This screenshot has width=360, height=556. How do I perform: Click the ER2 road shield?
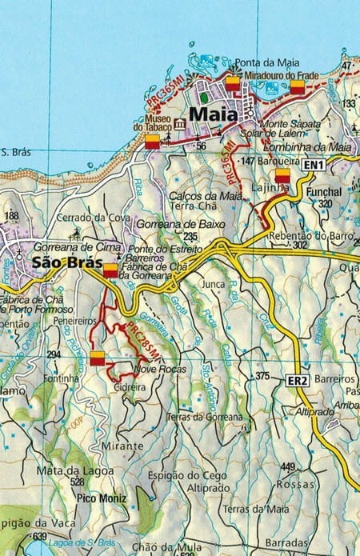pyautogui.click(x=297, y=381)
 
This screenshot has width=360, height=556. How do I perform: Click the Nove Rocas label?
pyautogui.click(x=160, y=370)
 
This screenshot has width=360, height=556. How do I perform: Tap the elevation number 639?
pyautogui.click(x=41, y=535)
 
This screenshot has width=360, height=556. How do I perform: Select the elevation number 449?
pyautogui.click(x=288, y=467)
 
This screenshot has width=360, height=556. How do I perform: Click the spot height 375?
pyautogui.click(x=262, y=375)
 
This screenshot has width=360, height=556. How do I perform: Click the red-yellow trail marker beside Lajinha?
pyautogui.click(x=282, y=176)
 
